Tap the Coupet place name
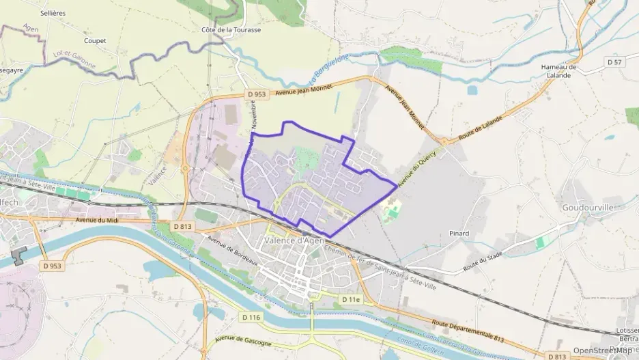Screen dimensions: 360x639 coord(96,40)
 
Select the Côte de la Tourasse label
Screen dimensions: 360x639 coord(231,30)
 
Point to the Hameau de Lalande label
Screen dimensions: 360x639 coord(558,71)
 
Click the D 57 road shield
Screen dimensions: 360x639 coord(615,62)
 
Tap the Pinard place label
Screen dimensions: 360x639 coord(459,234)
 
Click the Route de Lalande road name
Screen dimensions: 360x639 coord(481,128)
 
